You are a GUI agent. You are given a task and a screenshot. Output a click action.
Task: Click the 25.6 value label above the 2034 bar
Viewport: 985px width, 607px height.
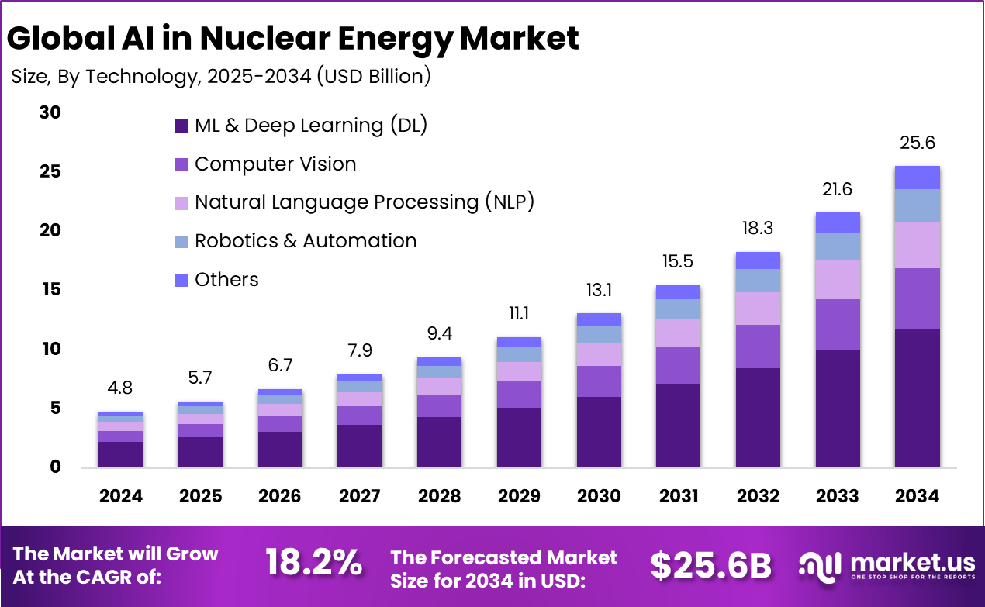917,143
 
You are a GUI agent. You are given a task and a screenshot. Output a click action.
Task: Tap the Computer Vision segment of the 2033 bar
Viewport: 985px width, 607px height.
837,324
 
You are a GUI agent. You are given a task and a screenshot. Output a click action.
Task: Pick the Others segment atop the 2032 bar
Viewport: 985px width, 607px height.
758,260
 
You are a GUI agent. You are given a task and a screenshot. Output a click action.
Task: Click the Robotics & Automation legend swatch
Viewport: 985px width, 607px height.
182,242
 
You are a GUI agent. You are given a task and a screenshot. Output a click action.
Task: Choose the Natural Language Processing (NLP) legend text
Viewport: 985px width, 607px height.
365,202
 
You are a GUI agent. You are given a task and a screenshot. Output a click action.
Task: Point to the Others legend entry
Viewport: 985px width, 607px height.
226,280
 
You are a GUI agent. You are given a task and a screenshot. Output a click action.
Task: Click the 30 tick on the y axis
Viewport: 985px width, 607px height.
50,113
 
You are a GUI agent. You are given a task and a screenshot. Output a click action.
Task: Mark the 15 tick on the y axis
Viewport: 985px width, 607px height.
50,290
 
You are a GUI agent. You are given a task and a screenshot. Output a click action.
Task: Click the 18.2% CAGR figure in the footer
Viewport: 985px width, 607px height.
313,564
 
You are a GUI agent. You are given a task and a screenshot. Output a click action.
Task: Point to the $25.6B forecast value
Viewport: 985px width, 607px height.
711,565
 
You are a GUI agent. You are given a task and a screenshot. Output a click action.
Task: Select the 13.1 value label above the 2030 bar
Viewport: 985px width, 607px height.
599,290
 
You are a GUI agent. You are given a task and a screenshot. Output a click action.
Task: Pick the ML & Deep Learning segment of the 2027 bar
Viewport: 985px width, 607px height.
360,446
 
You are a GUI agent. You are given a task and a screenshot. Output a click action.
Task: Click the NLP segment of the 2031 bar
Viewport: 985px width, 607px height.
678,333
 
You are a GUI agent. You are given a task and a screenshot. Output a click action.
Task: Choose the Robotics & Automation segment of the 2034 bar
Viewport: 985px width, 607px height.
917,205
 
